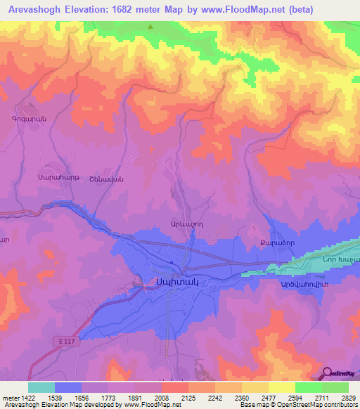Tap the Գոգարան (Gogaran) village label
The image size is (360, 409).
point(29,119)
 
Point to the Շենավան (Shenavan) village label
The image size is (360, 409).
point(87,178)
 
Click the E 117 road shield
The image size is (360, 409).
point(65,341)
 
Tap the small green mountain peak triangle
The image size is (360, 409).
point(150,27)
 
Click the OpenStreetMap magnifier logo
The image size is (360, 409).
point(328,372)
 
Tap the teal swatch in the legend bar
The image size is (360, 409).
point(41,387)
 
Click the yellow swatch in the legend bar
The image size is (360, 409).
point(282,387)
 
